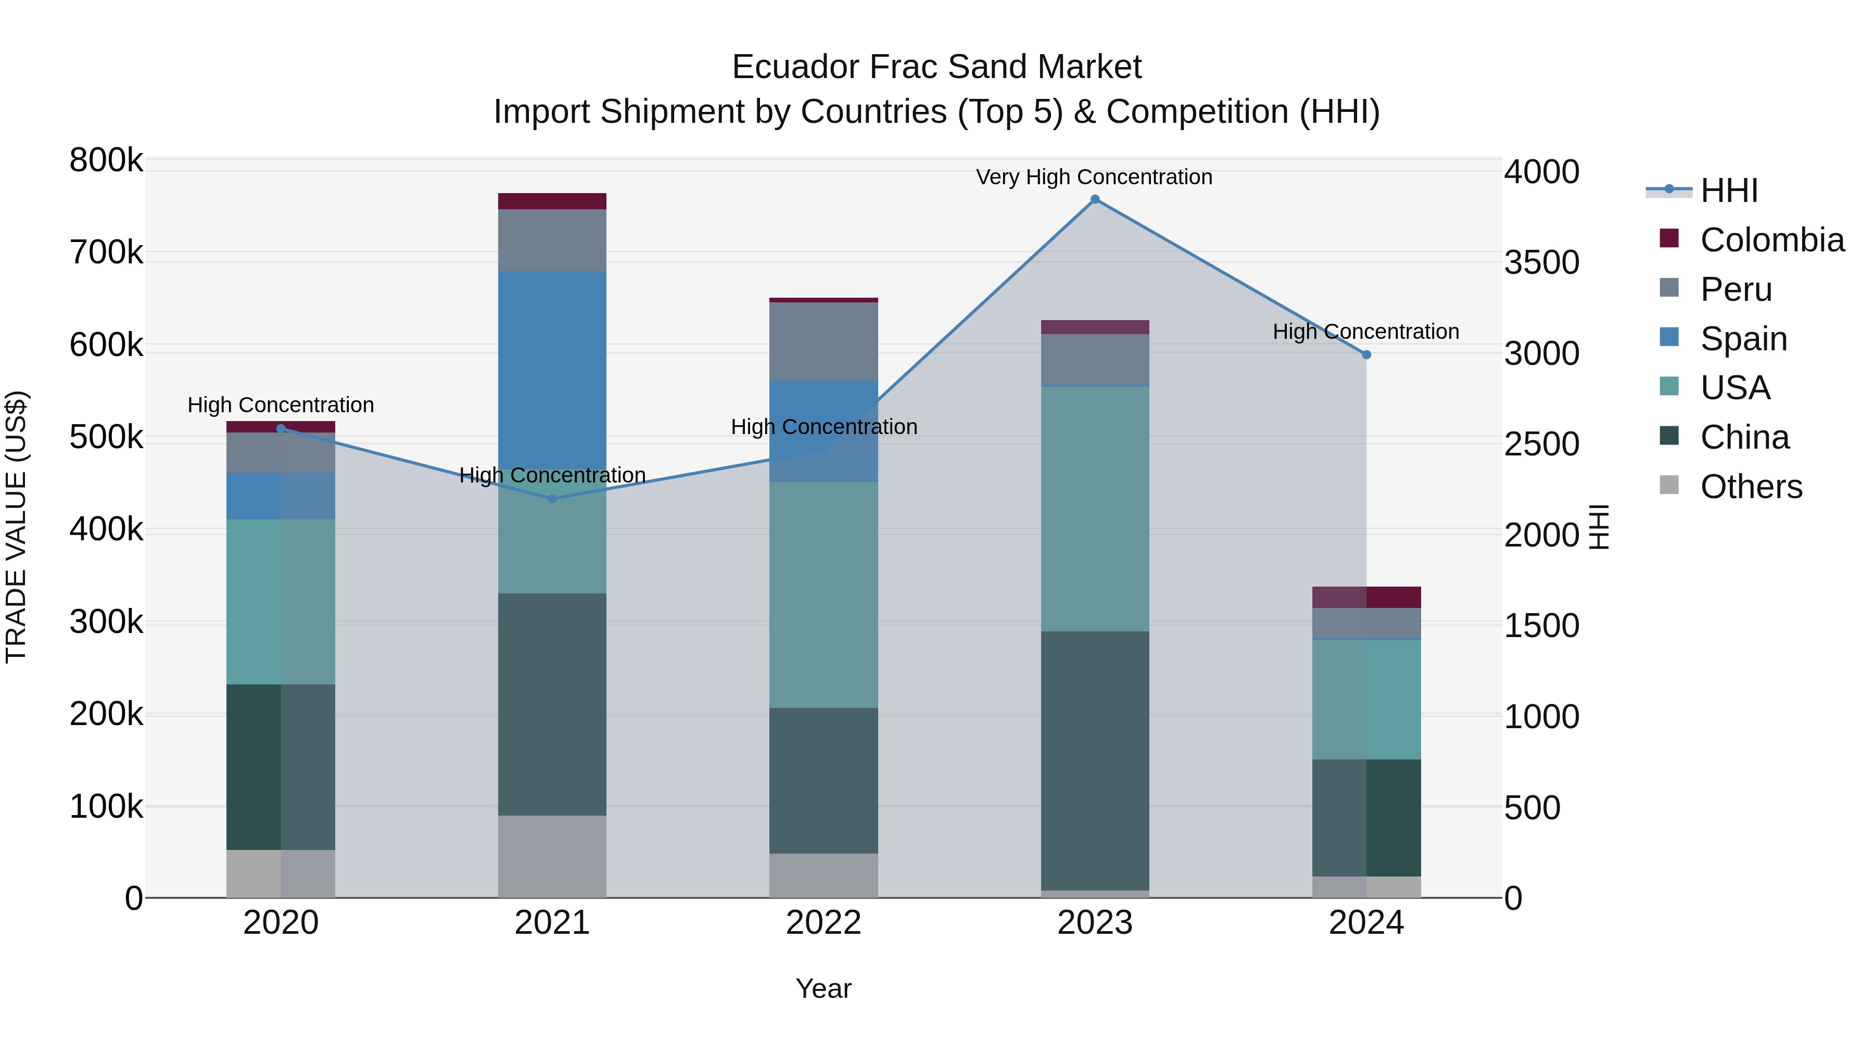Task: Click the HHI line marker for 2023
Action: pyautogui.click(x=1095, y=199)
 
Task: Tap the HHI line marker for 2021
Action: pyautogui.click(x=552, y=499)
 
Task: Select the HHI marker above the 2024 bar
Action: pyautogui.click(x=1366, y=355)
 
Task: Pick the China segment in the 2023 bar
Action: pyautogui.click(x=1095, y=760)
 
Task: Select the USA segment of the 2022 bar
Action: pyautogui.click(x=824, y=594)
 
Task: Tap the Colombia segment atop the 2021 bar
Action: pyautogui.click(x=552, y=201)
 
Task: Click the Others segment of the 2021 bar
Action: pyautogui.click(x=552, y=856)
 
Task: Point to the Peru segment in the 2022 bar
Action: pyautogui.click(x=824, y=341)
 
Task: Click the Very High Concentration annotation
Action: pyautogui.click(x=1094, y=177)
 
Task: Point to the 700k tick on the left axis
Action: pyautogui.click(x=106, y=253)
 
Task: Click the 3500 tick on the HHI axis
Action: pyautogui.click(x=1541, y=263)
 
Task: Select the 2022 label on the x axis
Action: pyautogui.click(x=824, y=923)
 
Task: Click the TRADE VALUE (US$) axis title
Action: pyautogui.click(x=16, y=527)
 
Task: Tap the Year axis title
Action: pyautogui.click(x=824, y=988)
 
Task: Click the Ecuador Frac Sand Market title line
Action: pyautogui.click(x=936, y=67)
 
